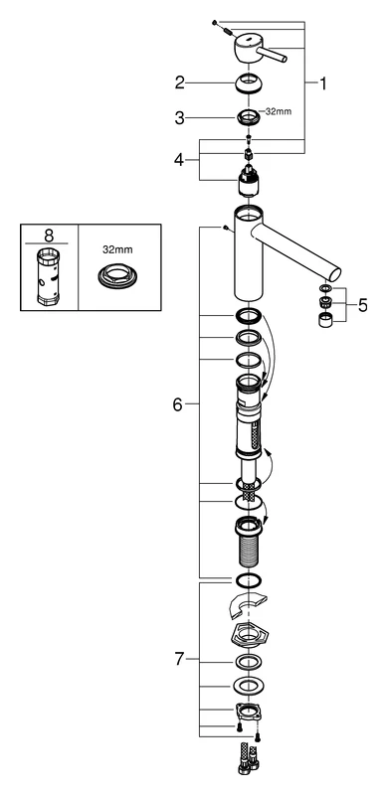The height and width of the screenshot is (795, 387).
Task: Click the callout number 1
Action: pyautogui.click(x=323, y=83)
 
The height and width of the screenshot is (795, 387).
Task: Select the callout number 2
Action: pyautogui.click(x=181, y=82)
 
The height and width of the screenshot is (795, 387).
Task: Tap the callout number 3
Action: pyautogui.click(x=181, y=117)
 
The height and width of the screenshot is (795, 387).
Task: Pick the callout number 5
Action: pyautogui.click(x=362, y=305)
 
